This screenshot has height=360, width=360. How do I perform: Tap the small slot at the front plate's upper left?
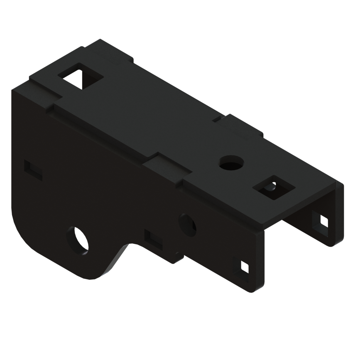point(33,169)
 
